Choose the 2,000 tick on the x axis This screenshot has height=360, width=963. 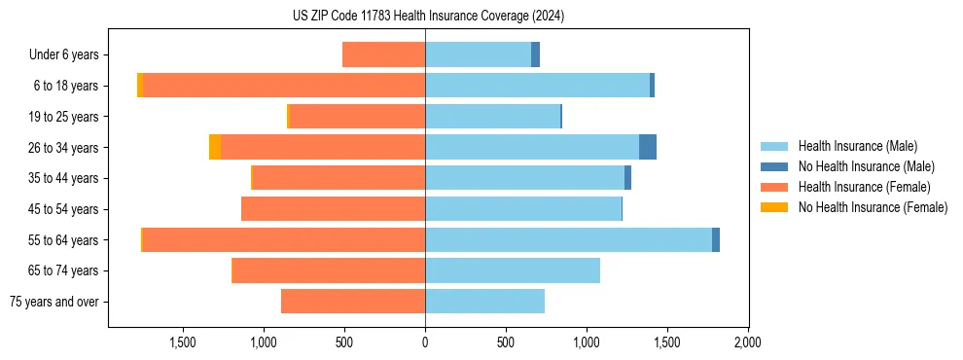tap(747, 342)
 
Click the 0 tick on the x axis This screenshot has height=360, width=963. tap(425, 342)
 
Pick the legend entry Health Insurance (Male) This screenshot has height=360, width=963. tap(857, 146)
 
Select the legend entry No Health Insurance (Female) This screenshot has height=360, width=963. tap(873, 207)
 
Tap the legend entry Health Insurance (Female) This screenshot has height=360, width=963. tap(864, 187)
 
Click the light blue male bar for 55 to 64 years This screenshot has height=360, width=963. tap(568, 239)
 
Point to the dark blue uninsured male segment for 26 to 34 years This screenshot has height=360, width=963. tap(647, 147)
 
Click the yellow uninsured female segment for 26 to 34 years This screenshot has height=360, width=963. tap(215, 147)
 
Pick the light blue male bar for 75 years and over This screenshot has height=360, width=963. tap(484, 302)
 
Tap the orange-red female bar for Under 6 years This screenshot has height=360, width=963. tap(383, 54)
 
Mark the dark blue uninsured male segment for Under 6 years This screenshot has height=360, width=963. tap(535, 54)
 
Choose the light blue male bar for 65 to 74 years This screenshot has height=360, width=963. tap(513, 270)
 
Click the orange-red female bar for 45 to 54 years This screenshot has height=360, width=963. tap(333, 208)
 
